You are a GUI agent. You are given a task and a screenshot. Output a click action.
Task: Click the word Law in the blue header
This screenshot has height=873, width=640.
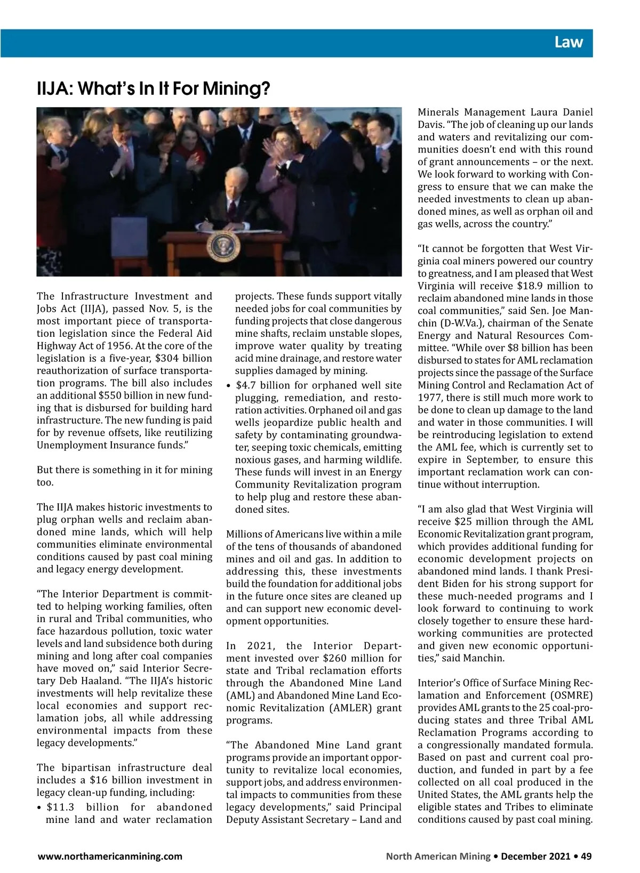(x=569, y=42)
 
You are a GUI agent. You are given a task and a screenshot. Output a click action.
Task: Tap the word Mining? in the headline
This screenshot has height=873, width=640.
(x=237, y=88)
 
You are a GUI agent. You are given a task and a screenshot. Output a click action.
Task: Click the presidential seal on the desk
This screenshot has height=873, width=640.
(x=221, y=246)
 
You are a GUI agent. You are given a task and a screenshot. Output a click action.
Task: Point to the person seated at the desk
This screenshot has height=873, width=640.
(x=234, y=200)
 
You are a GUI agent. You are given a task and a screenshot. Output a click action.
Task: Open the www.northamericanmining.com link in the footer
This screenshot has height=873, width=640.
(x=109, y=856)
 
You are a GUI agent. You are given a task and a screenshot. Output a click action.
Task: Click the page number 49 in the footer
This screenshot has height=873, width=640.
(x=586, y=856)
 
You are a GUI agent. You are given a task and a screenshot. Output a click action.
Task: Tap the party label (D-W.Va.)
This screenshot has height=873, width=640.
(x=461, y=324)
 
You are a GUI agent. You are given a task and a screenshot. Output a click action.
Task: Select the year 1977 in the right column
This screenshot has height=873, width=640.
(x=429, y=398)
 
